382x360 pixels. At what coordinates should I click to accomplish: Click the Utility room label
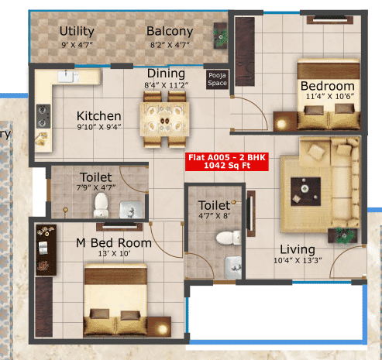coord(77,32)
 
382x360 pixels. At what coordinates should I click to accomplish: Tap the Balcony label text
coord(170,32)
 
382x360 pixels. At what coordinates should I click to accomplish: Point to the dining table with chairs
coord(163,116)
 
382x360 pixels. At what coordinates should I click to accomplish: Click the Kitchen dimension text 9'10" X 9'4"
coord(98,128)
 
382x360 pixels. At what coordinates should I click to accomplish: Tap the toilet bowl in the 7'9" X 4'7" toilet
coord(101,204)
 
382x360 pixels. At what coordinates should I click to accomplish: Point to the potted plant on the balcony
coord(221,35)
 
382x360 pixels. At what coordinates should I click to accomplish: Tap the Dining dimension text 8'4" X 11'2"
coord(167,85)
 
